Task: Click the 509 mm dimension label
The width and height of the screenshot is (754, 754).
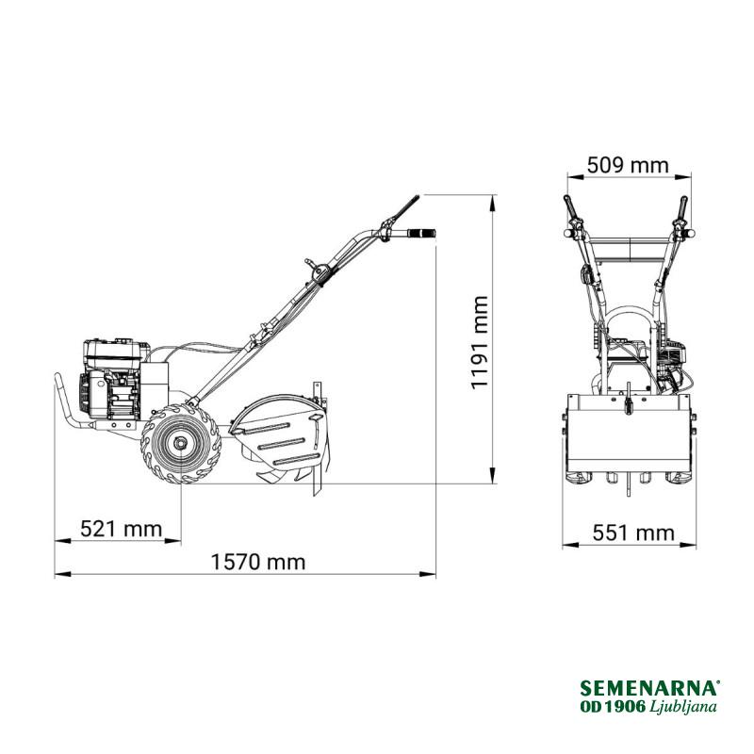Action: click(x=628, y=166)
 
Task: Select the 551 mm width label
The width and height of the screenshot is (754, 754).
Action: click(x=633, y=533)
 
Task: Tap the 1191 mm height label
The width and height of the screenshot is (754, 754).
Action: click(x=480, y=342)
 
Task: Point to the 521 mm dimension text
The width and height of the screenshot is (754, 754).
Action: click(x=121, y=529)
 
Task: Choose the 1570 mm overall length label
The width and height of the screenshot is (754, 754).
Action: click(x=258, y=562)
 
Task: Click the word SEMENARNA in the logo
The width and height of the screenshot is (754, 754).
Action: click(x=649, y=688)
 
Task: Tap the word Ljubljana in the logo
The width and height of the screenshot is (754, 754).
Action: click(x=683, y=707)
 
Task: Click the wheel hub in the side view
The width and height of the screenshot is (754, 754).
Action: click(x=180, y=443)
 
